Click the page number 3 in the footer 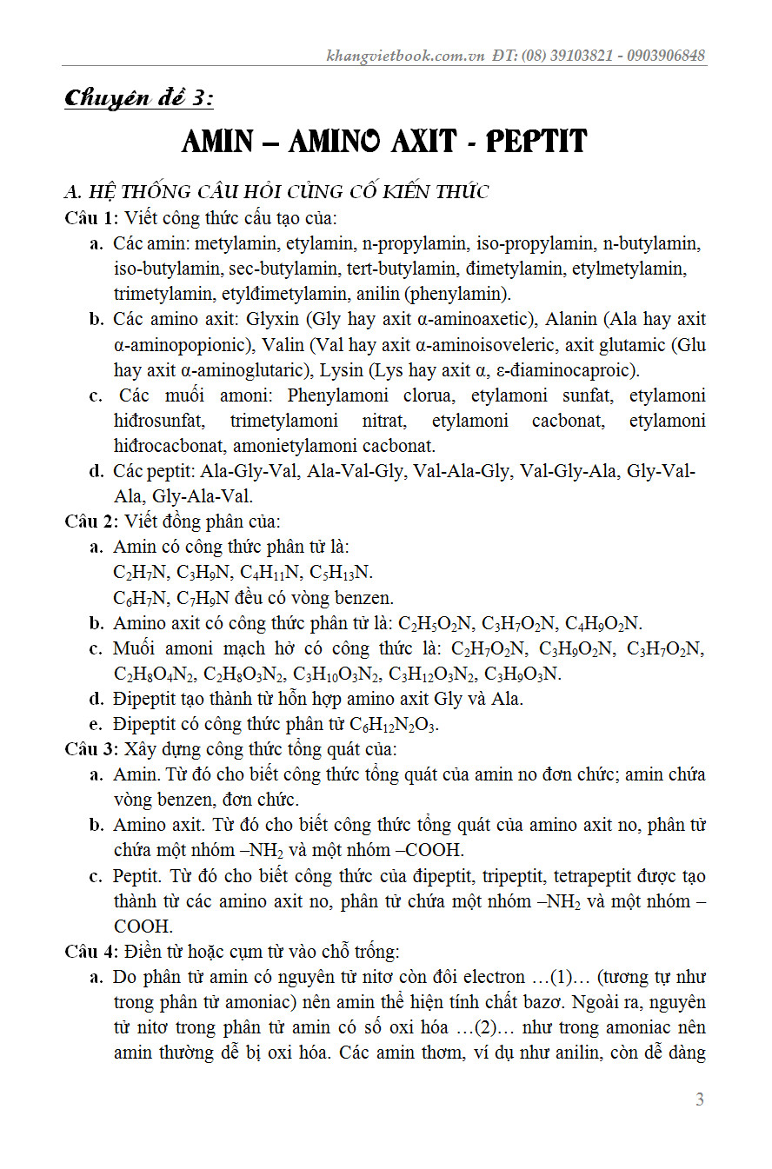click(x=700, y=1099)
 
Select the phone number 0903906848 click(x=663, y=56)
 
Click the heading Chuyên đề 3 click(x=138, y=99)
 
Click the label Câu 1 click(x=90, y=217)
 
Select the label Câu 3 click(x=90, y=748)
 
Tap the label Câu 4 click(x=90, y=952)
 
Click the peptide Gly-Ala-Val click(x=203, y=497)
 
